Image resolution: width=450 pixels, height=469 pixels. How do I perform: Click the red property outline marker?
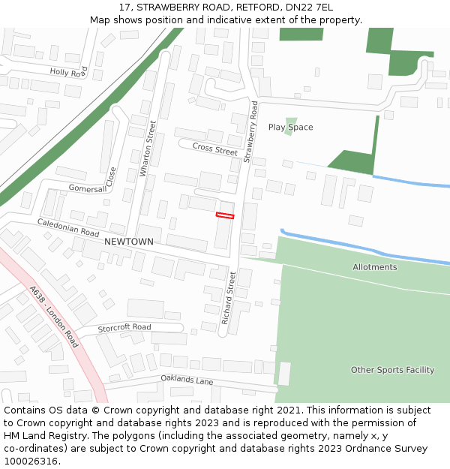(x=225, y=215)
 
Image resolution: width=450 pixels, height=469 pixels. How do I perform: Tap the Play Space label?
(x=290, y=128)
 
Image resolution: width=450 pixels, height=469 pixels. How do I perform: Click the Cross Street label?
(x=214, y=149)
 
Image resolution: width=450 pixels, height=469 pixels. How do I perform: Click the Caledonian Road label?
(x=68, y=228)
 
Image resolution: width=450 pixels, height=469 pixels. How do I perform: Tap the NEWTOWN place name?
(x=128, y=242)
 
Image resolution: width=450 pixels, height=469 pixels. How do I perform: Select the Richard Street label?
(x=228, y=298)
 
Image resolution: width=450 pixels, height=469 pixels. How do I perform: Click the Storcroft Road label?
(x=124, y=327)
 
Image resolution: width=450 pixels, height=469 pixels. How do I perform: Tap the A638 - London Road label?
(x=54, y=316)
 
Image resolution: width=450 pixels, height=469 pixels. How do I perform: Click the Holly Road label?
(x=68, y=72)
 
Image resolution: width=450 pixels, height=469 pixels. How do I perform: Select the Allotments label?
(x=374, y=267)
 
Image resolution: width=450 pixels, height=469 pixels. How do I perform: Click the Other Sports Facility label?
(x=392, y=370)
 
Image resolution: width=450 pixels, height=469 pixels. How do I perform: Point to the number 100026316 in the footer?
(x=29, y=461)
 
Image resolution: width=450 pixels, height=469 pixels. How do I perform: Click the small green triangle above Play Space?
(x=291, y=121)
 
